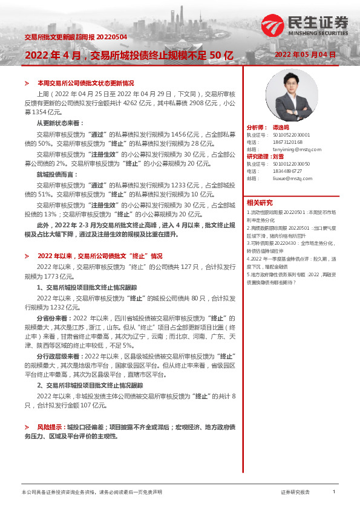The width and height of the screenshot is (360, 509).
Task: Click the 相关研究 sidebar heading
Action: pyautogui.click(x=260, y=203)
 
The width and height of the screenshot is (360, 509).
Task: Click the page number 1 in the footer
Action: pyautogui.click(x=334, y=493)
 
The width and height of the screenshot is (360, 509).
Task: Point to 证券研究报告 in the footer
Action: pyautogui.click(x=295, y=493)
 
